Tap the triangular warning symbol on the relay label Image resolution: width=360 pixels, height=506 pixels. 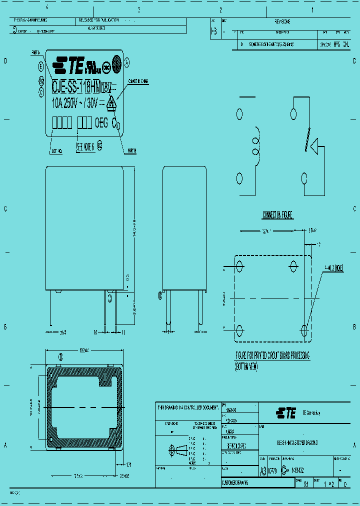[111, 103]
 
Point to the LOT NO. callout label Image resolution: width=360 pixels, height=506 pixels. [56, 150]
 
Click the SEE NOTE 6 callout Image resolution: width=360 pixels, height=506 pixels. [85, 148]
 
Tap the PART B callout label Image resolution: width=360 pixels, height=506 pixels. [132, 150]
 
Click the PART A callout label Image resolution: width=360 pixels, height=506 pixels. [35, 52]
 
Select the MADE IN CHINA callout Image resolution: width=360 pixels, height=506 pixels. [139, 80]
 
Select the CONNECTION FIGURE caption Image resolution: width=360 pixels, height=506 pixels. [277, 215]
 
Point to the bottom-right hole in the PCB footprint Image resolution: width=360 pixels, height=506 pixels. [304, 329]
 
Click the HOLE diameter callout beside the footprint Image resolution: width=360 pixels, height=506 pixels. [333, 267]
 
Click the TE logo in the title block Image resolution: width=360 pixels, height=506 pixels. [285, 412]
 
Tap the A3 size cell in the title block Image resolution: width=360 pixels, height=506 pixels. [263, 470]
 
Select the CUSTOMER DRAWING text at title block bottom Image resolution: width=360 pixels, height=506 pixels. [235, 483]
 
